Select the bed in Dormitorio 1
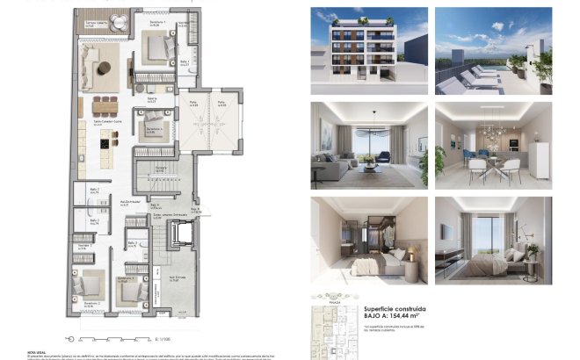tap(162, 47)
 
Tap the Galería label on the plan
tap(151, 98)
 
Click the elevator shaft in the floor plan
tap(183, 235)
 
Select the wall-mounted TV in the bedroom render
tap(446, 233)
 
